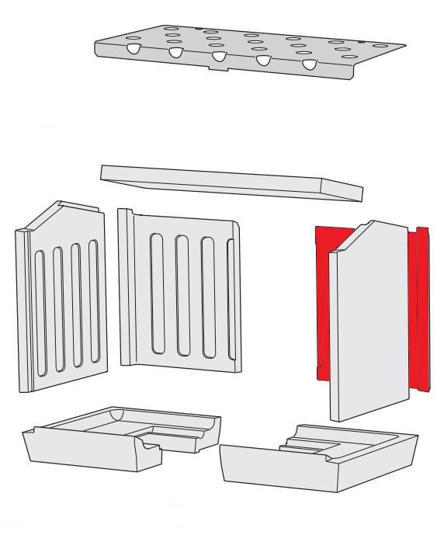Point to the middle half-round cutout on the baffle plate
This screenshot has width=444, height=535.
pyautogui.click(x=220, y=57)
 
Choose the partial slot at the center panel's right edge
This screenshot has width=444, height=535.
pyautogui.click(x=230, y=291)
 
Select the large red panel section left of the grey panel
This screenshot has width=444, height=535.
pyautogui.click(x=321, y=303)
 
